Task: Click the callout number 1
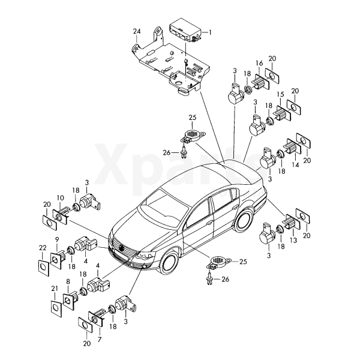click(x=209, y=32)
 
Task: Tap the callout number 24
click(x=137, y=31)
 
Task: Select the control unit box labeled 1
click(x=185, y=31)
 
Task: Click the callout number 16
click(x=259, y=63)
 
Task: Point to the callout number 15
click(x=280, y=94)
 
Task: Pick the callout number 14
click(x=295, y=164)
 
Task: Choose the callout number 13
click(x=293, y=240)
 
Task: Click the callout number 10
click(x=61, y=198)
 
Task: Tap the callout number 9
click(x=57, y=239)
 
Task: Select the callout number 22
click(x=43, y=248)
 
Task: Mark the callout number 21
click(x=55, y=289)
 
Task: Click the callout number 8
click(x=68, y=281)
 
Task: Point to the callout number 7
click(x=100, y=340)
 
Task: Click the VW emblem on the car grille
click(x=121, y=248)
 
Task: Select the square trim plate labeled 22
click(x=44, y=268)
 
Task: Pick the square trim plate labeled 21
click(x=56, y=309)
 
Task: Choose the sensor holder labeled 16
click(x=262, y=82)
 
